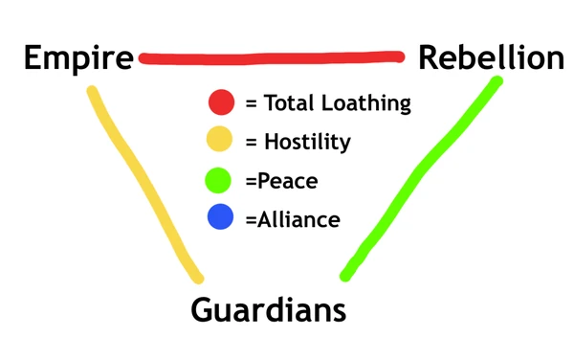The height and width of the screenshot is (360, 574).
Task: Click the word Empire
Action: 78,58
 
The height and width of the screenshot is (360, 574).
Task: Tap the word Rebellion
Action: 492,58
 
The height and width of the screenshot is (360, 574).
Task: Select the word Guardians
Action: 268,309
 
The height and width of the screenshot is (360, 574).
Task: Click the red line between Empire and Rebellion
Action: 272,58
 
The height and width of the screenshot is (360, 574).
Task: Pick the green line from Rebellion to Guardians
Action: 421,177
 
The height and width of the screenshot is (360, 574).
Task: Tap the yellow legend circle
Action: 221,142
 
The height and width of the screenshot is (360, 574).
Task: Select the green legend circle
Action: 221,180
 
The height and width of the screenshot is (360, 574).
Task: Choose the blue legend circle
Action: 221,218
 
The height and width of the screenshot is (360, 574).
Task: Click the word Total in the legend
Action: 290,102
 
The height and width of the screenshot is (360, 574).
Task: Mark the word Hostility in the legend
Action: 306,142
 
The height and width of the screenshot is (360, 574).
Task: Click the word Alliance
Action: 298,218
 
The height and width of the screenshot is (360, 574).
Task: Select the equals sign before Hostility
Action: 252,143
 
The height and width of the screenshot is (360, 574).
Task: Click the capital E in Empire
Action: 34,58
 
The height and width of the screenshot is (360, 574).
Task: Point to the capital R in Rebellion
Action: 429,58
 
